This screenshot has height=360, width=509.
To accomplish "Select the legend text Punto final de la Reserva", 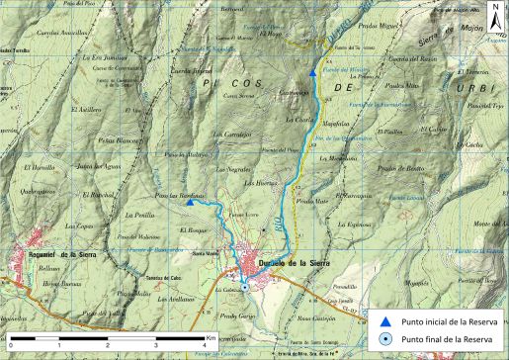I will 444,338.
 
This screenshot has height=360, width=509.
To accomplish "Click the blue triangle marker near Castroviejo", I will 313,72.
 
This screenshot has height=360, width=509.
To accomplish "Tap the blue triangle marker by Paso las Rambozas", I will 215,202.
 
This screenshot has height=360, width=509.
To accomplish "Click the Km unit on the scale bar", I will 211,337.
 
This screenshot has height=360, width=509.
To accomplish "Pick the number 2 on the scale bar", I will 109,345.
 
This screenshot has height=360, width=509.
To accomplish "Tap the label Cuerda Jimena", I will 192,71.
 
